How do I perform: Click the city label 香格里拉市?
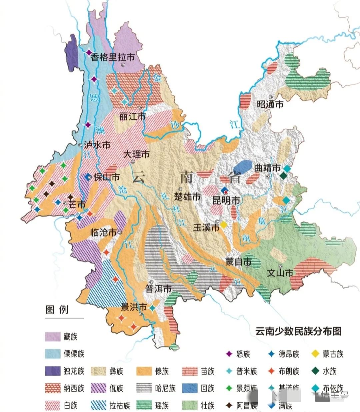(x=113, y=57)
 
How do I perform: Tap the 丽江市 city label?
(x=132, y=116)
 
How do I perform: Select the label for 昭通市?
(x=270, y=104)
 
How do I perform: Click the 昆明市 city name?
(x=226, y=200)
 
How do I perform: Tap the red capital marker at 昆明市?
(x=226, y=192)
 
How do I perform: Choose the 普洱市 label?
(x=158, y=289)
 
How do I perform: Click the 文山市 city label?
(x=280, y=273)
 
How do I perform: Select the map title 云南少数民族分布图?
(x=298, y=331)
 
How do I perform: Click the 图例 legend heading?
(x=57, y=310)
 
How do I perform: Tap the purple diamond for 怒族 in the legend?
(x=229, y=354)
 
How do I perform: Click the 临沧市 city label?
(x=103, y=233)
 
